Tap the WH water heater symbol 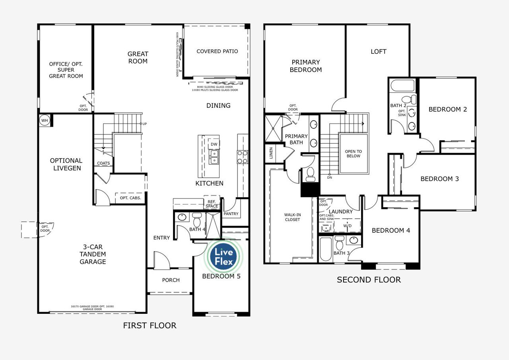(x=45, y=121)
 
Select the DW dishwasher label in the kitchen (x=214, y=144)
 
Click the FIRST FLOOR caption (x=150, y=326)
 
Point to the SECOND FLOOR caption (x=369, y=280)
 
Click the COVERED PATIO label (x=217, y=51)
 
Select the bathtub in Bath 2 (x=402, y=86)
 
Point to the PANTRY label (x=231, y=214)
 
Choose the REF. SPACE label (x=212, y=204)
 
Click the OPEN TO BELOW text (x=353, y=154)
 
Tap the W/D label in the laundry (x=347, y=225)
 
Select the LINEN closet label (x=271, y=153)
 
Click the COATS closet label (x=103, y=163)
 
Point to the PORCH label (x=171, y=280)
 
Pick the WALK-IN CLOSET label (x=292, y=217)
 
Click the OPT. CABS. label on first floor (x=130, y=198)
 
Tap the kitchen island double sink (x=214, y=157)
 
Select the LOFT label (x=378, y=51)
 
